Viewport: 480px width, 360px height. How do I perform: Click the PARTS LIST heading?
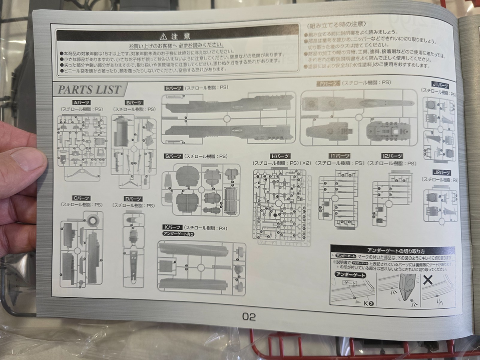click(x=90, y=90)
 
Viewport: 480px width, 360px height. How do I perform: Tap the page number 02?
click(x=249, y=316)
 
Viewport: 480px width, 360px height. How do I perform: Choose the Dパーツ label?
click(x=133, y=199)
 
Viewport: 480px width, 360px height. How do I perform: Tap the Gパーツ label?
click(x=174, y=156)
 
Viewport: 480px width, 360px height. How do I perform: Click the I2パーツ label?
click(x=392, y=156)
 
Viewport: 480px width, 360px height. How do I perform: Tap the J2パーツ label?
click(x=442, y=173)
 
